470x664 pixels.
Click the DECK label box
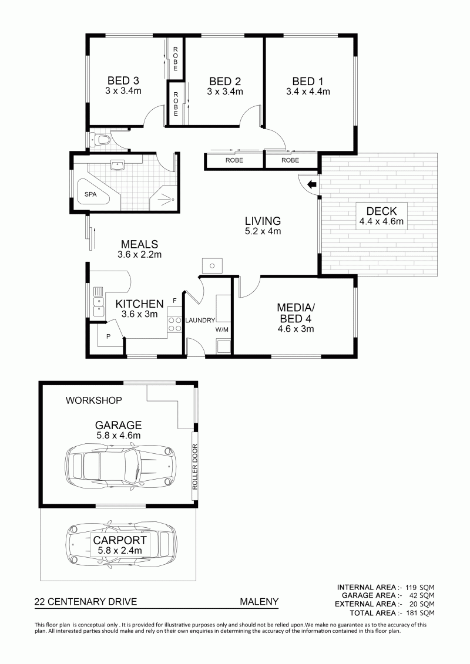(x=381, y=216)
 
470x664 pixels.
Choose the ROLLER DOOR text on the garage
(x=195, y=467)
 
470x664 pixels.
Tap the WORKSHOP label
(x=93, y=400)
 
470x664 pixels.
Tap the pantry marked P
(x=109, y=336)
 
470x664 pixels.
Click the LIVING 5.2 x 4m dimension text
(x=263, y=231)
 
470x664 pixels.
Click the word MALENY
(x=259, y=601)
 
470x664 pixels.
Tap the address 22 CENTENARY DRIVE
(x=86, y=601)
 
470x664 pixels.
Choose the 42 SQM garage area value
(x=422, y=596)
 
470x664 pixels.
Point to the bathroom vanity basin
(x=116, y=165)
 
